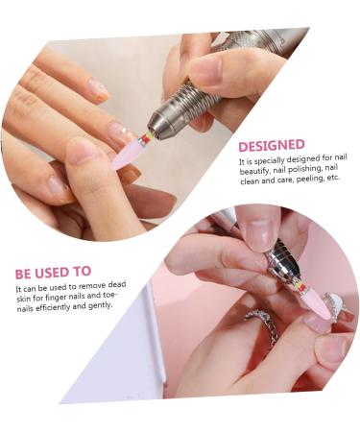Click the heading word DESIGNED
pyautogui.click(x=272, y=145)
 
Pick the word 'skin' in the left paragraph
pyautogui.click(x=24, y=297)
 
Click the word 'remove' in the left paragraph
pyautogui.click(x=91, y=287)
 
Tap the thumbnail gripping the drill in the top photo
pyautogui.click(x=206, y=68)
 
